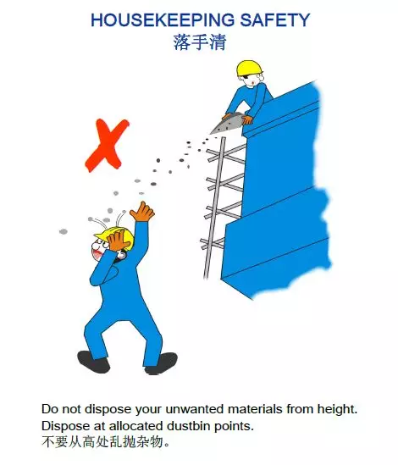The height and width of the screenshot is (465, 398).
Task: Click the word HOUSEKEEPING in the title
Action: pos(163,20)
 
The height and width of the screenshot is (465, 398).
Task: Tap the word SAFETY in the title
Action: pos(275,20)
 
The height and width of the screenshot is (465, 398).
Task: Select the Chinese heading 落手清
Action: pos(200,42)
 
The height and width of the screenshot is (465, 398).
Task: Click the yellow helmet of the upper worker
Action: pos(250,69)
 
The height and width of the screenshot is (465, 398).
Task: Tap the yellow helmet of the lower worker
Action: pos(114,235)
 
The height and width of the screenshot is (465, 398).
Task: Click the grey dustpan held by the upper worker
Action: pos(227,124)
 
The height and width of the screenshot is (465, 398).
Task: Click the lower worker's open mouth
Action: pos(97,255)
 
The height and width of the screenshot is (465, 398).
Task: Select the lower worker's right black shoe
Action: pos(161,363)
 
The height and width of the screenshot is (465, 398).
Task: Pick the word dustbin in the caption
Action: pos(189,426)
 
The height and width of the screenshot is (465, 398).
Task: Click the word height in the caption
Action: pos(338,410)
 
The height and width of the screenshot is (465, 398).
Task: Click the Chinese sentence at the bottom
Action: pos(106,442)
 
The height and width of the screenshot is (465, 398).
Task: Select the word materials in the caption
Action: pos(255,409)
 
